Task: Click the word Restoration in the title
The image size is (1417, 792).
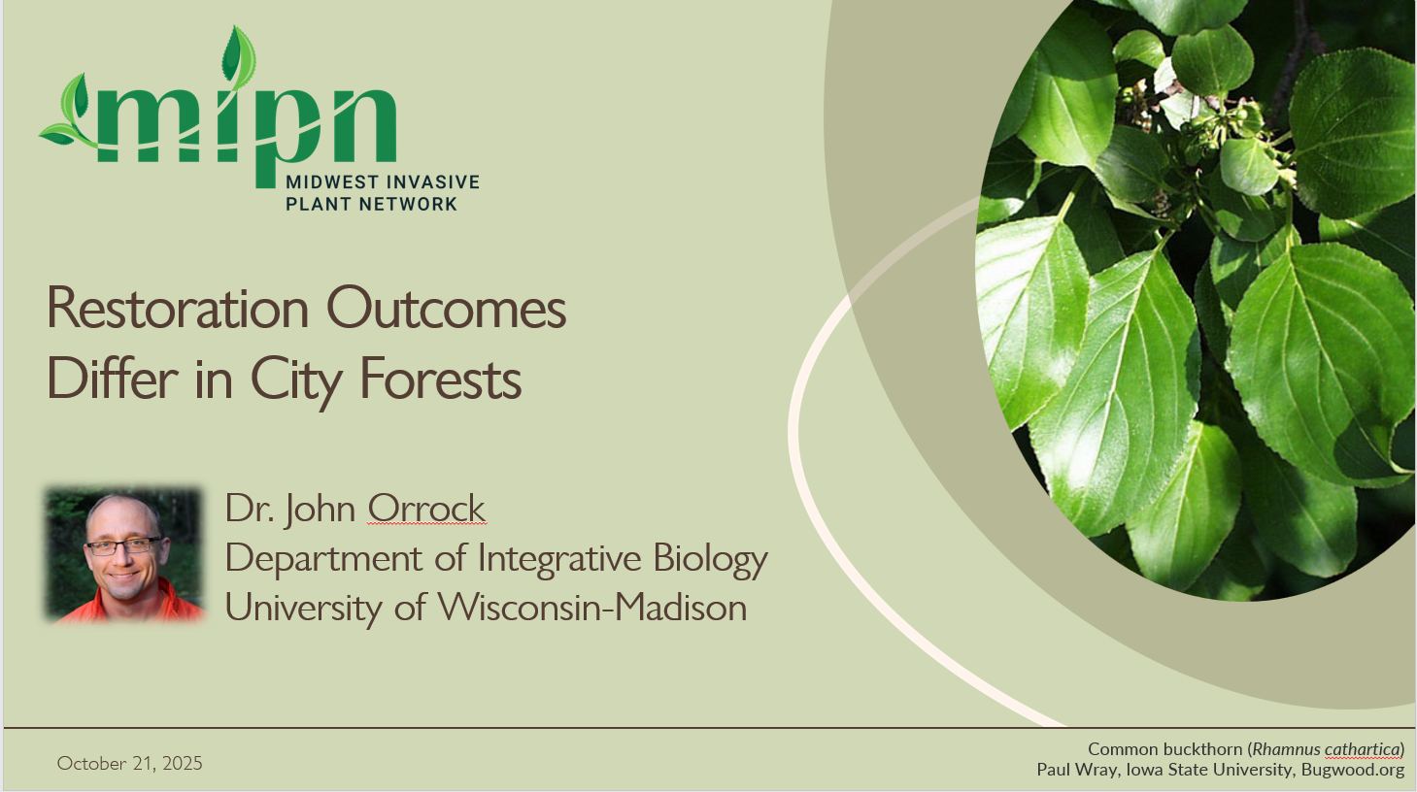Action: point(177,309)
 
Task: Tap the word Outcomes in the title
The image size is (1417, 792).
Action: point(446,309)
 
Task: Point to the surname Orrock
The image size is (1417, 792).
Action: point(426,509)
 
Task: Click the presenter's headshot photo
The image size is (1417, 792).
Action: point(124,554)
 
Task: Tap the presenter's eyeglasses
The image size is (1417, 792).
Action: point(122,545)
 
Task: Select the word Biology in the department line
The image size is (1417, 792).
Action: point(710,559)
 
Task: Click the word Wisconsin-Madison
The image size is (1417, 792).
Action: point(591,608)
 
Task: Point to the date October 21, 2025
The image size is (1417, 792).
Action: point(129,763)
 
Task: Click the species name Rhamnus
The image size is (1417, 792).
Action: point(1286,749)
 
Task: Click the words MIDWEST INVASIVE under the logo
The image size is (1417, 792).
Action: point(383,181)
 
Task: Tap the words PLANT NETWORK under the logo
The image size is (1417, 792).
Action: point(371,204)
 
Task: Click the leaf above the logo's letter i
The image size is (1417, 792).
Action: point(236,54)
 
